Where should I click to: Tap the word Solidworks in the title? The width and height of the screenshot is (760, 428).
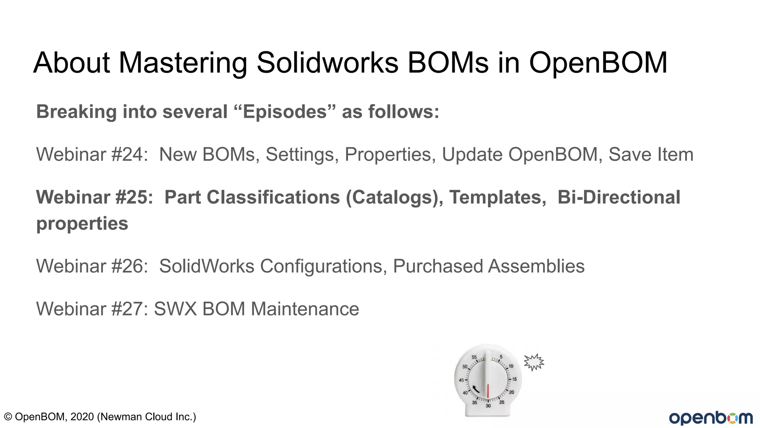[327, 62]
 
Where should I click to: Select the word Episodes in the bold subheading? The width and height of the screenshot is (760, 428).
[285, 112]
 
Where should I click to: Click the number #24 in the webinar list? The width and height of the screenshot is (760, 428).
[127, 155]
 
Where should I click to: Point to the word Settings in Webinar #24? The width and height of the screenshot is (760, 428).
[299, 155]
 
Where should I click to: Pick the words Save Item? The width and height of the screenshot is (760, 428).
[651, 155]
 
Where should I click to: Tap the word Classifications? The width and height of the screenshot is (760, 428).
[273, 197]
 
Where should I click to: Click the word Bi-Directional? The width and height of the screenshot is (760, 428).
[619, 197]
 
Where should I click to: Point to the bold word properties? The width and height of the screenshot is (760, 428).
[82, 224]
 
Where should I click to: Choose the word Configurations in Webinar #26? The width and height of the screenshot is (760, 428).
[321, 266]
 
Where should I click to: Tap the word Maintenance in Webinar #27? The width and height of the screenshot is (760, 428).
[305, 309]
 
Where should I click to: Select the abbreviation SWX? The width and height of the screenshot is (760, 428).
[175, 309]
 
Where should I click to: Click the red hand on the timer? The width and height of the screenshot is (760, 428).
[488, 391]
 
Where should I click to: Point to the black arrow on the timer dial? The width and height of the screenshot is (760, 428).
[476, 389]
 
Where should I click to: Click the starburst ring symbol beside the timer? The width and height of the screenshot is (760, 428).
[534, 362]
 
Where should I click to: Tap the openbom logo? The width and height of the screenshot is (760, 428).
[711, 418]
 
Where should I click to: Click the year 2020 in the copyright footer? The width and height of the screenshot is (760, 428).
[82, 417]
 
